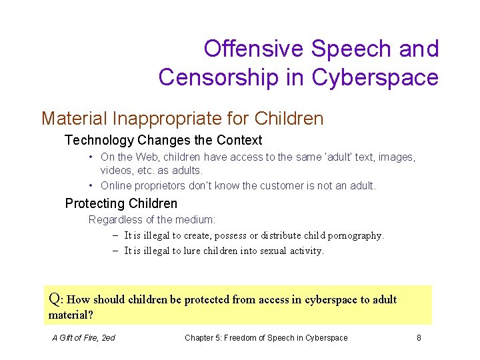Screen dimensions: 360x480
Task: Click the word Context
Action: coord(238,141)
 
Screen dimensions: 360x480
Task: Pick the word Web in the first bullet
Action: coord(144,157)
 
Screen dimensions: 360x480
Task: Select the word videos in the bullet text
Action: coord(117,171)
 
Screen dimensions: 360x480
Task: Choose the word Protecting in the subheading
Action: coord(95,203)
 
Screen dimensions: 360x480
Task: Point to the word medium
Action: coord(195,219)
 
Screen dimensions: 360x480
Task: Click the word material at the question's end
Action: coord(69,315)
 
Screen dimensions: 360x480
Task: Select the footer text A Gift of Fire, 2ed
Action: coord(83,338)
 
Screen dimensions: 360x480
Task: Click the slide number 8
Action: coord(419,338)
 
